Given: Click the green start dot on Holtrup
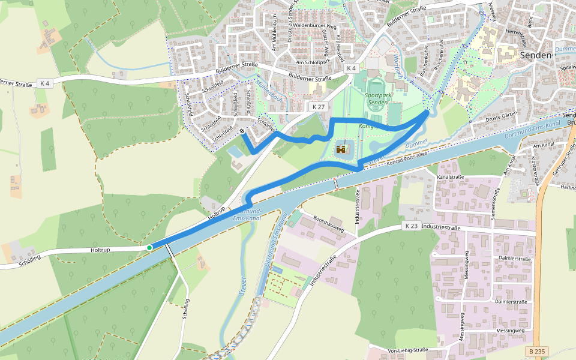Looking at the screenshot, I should pos(149,247).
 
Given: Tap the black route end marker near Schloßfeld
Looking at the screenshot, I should pos(242,131).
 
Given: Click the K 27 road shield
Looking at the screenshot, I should pos(318,106).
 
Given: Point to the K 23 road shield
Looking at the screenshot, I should pos(411,226).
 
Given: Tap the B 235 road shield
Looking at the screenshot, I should pos(538,351).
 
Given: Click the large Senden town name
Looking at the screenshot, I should pos(536,55).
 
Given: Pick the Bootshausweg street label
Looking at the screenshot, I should pos(328,223).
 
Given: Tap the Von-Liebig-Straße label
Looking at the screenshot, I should pos(407,350).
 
